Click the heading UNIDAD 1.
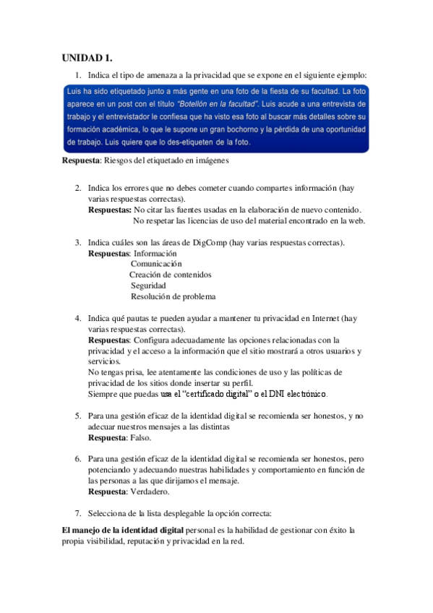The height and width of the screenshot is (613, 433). [x=87, y=57]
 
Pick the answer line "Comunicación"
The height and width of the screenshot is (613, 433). [x=156, y=264]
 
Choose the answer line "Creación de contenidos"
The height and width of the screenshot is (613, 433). [x=171, y=275]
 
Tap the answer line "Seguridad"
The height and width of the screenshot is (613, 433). [x=148, y=286]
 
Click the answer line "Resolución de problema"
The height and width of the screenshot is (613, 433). [x=173, y=296]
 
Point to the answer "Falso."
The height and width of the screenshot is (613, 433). [x=141, y=438]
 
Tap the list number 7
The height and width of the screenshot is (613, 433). [x=78, y=513]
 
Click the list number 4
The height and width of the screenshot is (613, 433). [x=78, y=318]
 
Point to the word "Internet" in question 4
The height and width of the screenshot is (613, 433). [x=319, y=318]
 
